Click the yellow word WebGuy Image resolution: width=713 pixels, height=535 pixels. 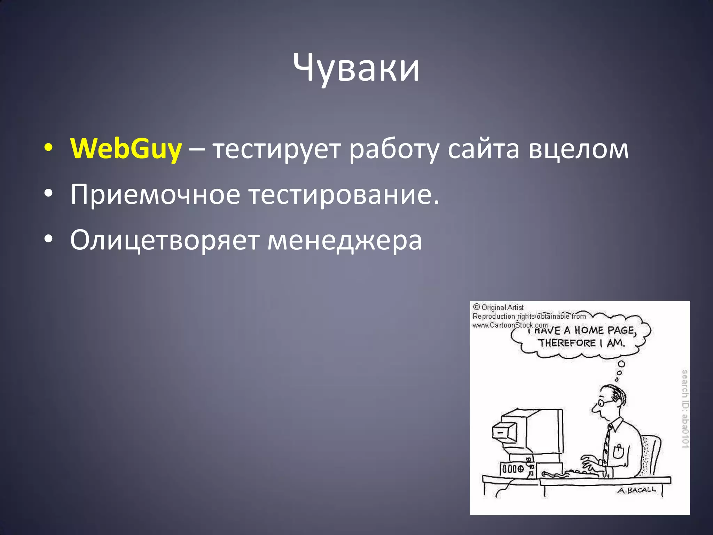(126, 149)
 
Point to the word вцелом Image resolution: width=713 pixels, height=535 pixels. (578, 149)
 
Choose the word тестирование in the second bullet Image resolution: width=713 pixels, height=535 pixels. (344, 194)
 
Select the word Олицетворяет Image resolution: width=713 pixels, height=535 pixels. (165, 240)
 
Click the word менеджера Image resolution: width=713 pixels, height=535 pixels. (345, 240)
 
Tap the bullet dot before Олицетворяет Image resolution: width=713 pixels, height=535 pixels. (48, 239)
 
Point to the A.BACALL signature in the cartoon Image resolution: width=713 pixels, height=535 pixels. (637, 490)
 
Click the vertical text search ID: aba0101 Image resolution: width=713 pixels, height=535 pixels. (684, 408)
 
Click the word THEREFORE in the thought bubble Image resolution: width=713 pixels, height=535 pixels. (567, 343)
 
